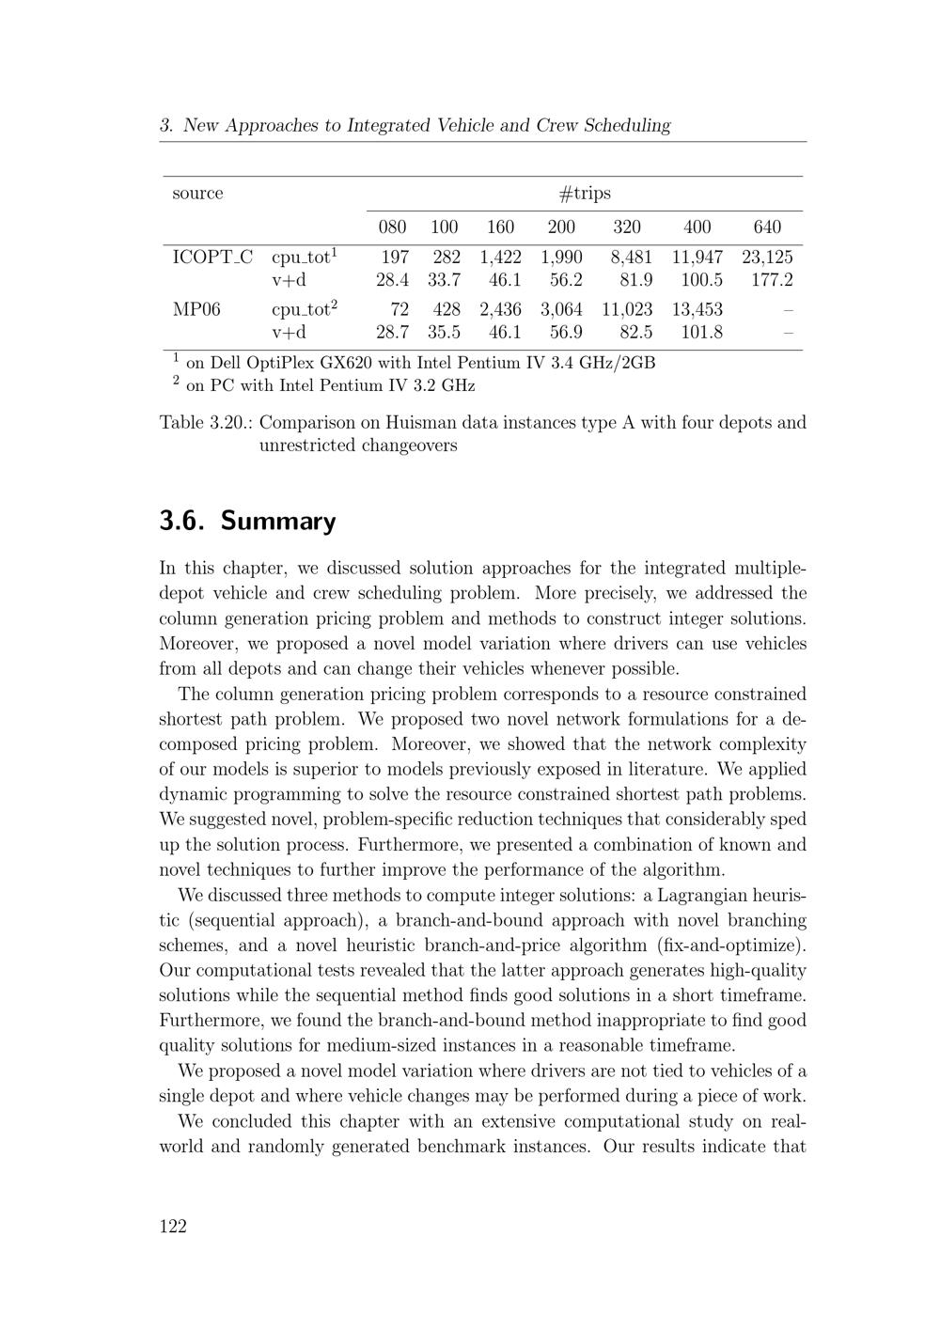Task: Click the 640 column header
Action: [767, 227]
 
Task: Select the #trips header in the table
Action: [585, 194]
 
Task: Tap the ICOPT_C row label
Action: [212, 257]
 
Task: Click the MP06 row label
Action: [196, 308]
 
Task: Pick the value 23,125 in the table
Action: [767, 257]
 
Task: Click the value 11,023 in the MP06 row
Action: [626, 308]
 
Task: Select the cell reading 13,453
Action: [697, 308]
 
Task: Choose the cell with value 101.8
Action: [701, 332]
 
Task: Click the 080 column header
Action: [392, 227]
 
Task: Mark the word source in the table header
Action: [197, 194]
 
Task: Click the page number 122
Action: [173, 1226]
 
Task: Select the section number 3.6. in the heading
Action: [184, 521]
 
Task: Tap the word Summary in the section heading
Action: [278, 521]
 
